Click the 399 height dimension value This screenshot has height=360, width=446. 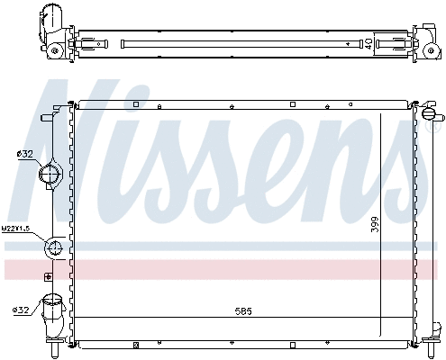tap(375, 227)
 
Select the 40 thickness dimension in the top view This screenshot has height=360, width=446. tap(369, 41)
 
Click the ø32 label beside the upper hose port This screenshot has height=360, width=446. tap(24, 154)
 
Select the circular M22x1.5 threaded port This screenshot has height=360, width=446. tap(54, 249)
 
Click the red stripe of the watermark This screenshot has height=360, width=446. tap(225, 269)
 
